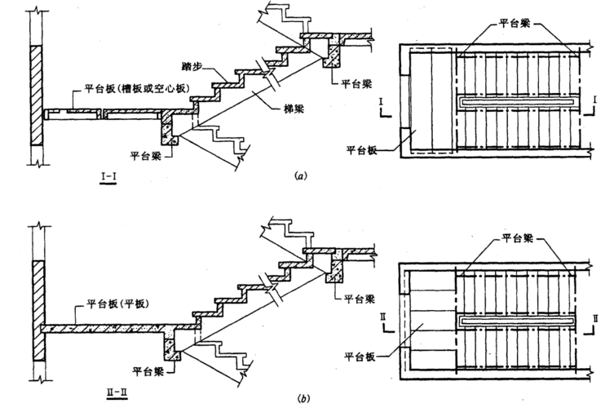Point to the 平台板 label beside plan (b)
pos(362,356)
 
